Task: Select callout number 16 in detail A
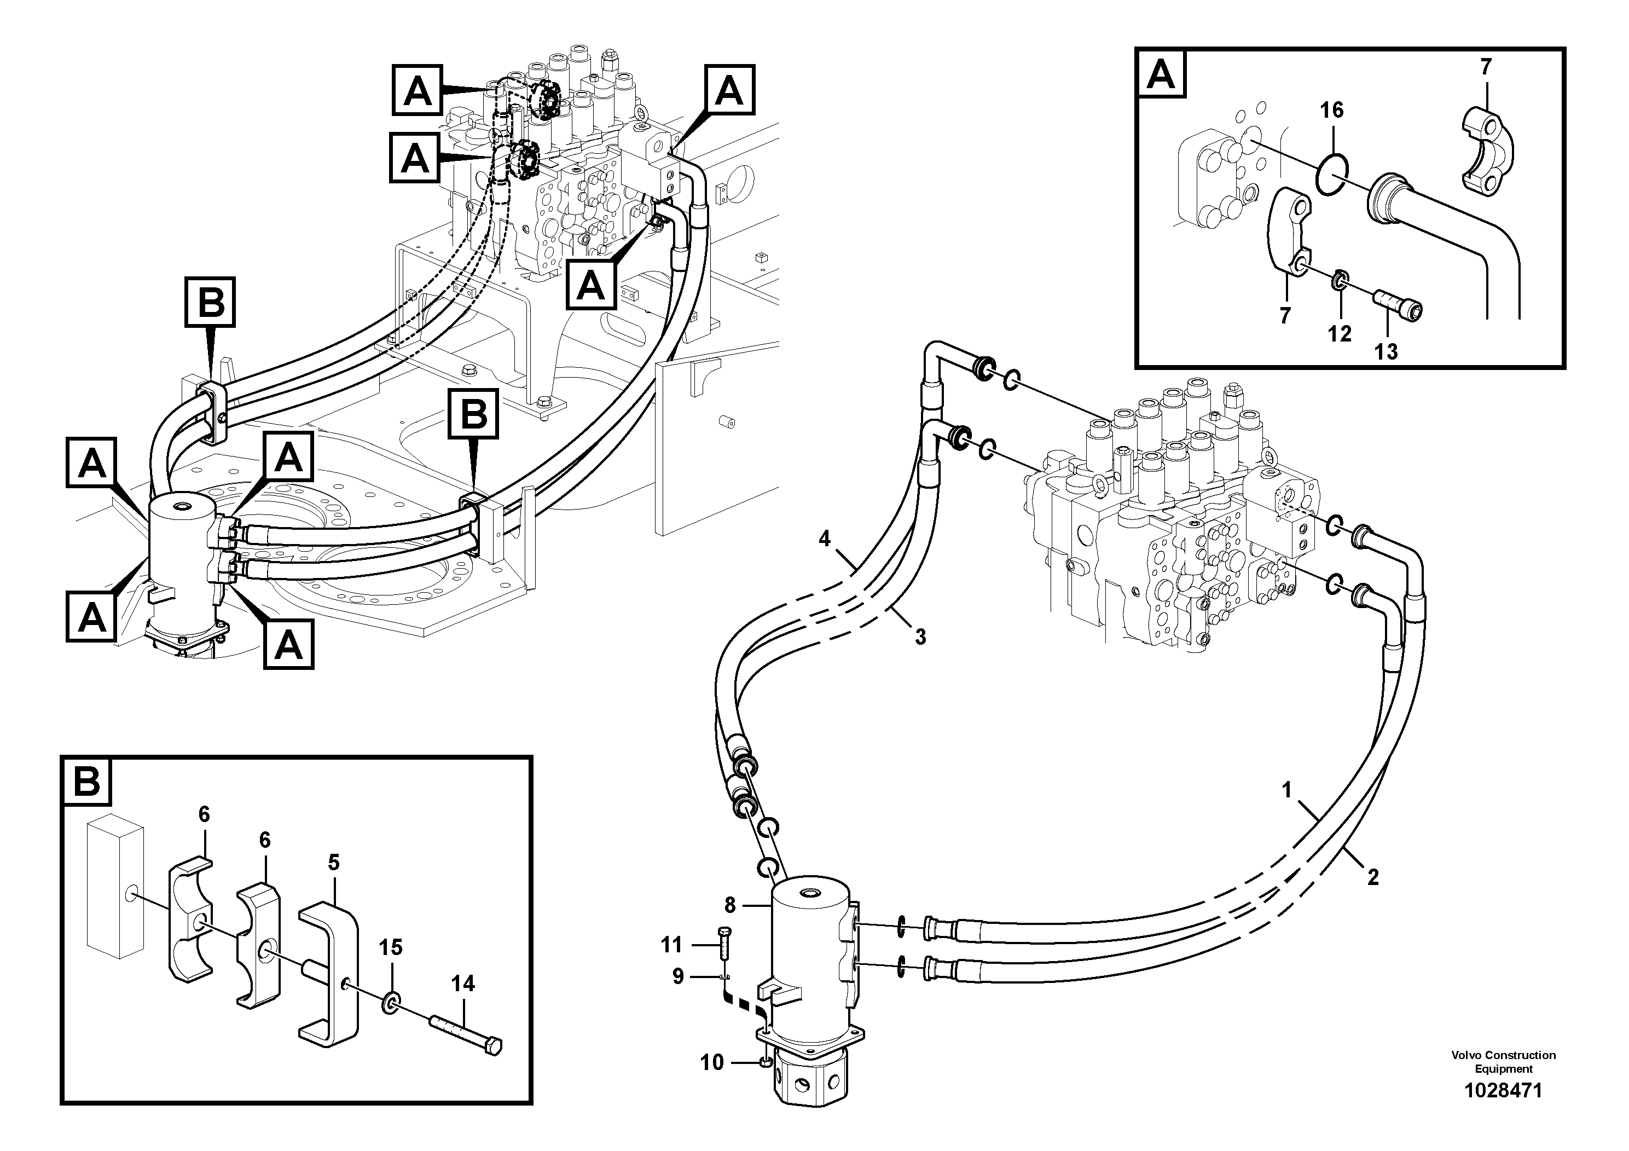[x=1332, y=110]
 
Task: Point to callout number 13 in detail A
[x=1385, y=351]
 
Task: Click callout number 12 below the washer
[x=1340, y=333]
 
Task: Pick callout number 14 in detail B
[x=462, y=984]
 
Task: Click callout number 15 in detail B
[x=390, y=947]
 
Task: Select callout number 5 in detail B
[x=333, y=863]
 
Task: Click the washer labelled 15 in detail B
[x=391, y=1002]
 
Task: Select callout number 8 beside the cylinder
[x=730, y=905]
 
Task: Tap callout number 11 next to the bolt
[x=671, y=945]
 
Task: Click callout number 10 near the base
[x=711, y=1062]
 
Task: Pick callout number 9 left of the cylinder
[x=677, y=977]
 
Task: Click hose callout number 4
[x=824, y=539]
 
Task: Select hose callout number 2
[x=1373, y=878]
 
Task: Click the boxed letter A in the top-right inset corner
[x=1161, y=74]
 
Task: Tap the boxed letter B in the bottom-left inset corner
[x=86, y=782]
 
